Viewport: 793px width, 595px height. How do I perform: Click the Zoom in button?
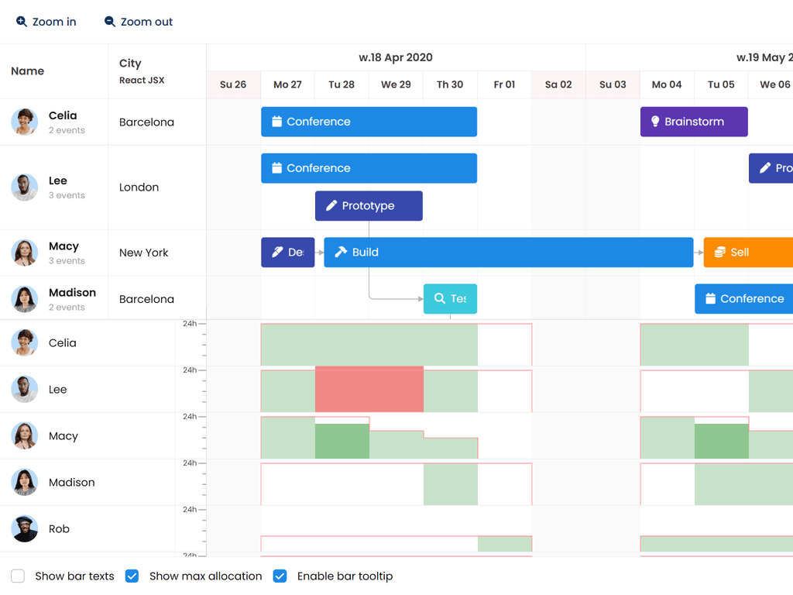(x=46, y=22)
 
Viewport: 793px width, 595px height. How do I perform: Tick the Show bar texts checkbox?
(x=18, y=576)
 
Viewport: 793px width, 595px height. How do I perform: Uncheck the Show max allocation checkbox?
(x=132, y=576)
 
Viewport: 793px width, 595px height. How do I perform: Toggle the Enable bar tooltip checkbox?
(x=280, y=576)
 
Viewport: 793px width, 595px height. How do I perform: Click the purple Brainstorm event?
(x=694, y=122)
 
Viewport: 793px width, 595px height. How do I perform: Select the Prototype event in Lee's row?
(x=369, y=206)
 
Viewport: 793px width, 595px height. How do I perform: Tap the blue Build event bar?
(x=508, y=253)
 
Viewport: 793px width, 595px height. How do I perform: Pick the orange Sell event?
(x=748, y=253)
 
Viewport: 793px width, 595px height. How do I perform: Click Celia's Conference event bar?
(x=369, y=122)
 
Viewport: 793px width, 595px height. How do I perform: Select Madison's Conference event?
(x=743, y=299)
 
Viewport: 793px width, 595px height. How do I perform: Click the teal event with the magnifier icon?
(x=450, y=299)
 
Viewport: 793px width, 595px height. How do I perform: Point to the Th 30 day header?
(x=450, y=84)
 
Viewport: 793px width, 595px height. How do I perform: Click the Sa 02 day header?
(x=558, y=84)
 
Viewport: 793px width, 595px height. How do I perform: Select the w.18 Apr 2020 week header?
(x=396, y=57)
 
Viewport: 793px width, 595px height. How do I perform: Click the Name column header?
(x=28, y=71)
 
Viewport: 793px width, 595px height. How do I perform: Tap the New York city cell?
(x=144, y=253)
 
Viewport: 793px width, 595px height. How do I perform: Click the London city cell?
(x=139, y=187)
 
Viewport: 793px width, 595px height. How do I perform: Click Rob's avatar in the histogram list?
(x=25, y=529)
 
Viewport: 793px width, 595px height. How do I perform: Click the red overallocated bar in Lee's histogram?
(x=369, y=389)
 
